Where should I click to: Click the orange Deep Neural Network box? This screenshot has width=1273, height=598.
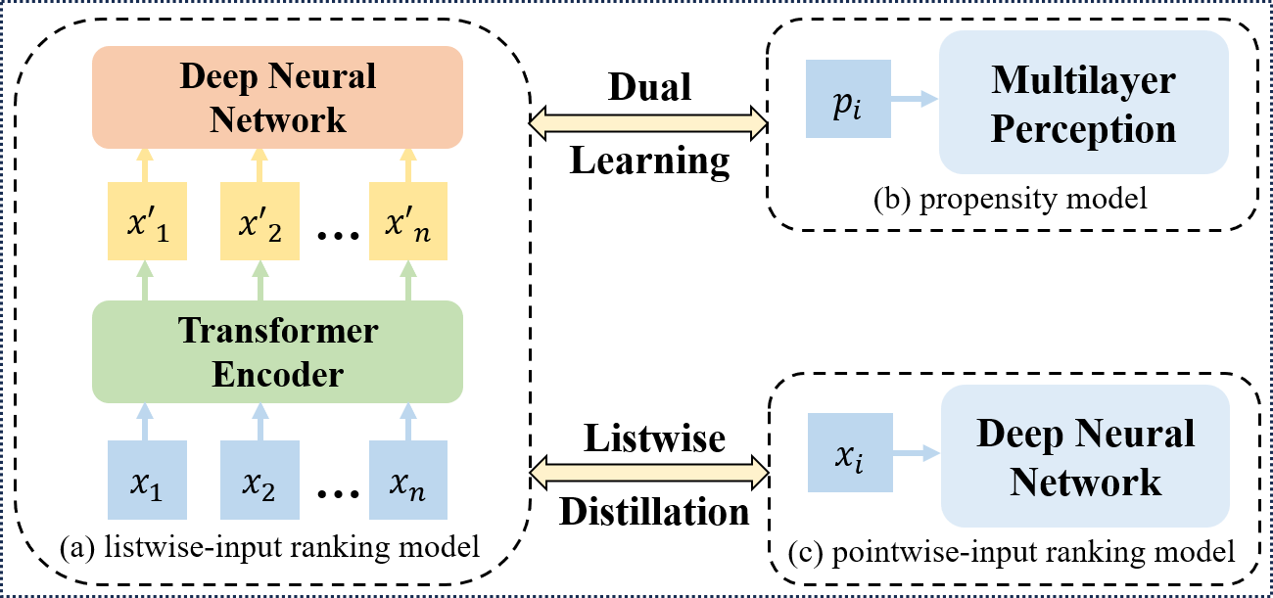tap(277, 98)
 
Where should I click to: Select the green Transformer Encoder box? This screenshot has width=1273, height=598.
tap(277, 351)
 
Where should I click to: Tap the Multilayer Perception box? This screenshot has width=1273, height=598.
tap(1083, 103)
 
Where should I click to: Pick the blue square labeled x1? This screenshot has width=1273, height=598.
tap(145, 480)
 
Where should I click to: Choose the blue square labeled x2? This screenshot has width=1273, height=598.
tap(259, 480)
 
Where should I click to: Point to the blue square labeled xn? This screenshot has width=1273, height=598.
tap(407, 480)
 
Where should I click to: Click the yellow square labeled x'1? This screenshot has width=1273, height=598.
tap(145, 221)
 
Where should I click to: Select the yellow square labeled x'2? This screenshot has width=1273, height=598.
tap(259, 221)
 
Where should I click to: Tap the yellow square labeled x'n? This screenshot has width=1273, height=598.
tap(407, 221)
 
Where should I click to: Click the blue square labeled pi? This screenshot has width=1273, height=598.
tap(848, 99)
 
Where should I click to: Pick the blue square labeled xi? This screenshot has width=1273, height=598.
tap(850, 452)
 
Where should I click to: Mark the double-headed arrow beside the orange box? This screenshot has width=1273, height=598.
tap(647, 122)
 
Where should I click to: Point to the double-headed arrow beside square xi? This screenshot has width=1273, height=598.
tap(648, 473)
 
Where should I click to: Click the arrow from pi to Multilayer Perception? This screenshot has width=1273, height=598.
tap(915, 99)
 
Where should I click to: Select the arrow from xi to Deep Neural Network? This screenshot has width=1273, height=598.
tap(917, 453)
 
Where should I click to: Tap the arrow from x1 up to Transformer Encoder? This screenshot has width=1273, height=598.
tap(145, 421)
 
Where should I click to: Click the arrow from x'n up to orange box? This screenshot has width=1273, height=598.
tap(407, 164)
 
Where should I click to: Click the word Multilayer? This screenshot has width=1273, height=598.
tap(1083, 80)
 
